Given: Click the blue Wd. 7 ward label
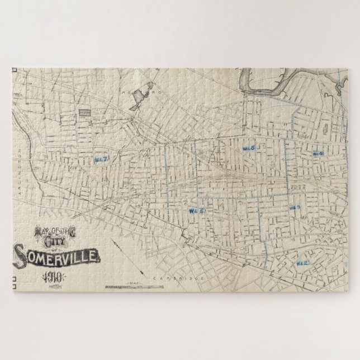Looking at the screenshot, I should (101, 159).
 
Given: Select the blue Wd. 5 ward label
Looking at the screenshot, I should (249, 148).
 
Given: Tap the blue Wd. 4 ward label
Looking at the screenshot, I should (318, 154).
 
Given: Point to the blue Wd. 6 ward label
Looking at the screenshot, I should (197, 211).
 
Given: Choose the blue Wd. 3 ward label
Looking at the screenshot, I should (295, 207).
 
